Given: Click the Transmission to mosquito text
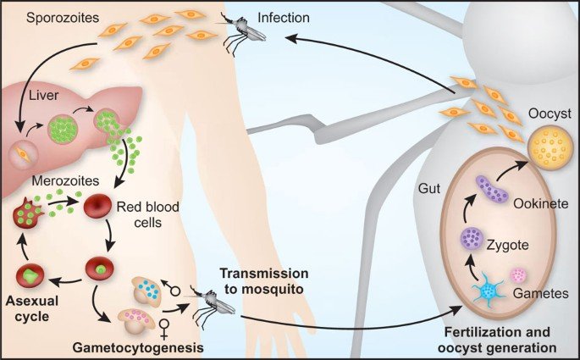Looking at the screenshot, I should pos(265,280).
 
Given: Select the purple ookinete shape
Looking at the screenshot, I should pos(490,191).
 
